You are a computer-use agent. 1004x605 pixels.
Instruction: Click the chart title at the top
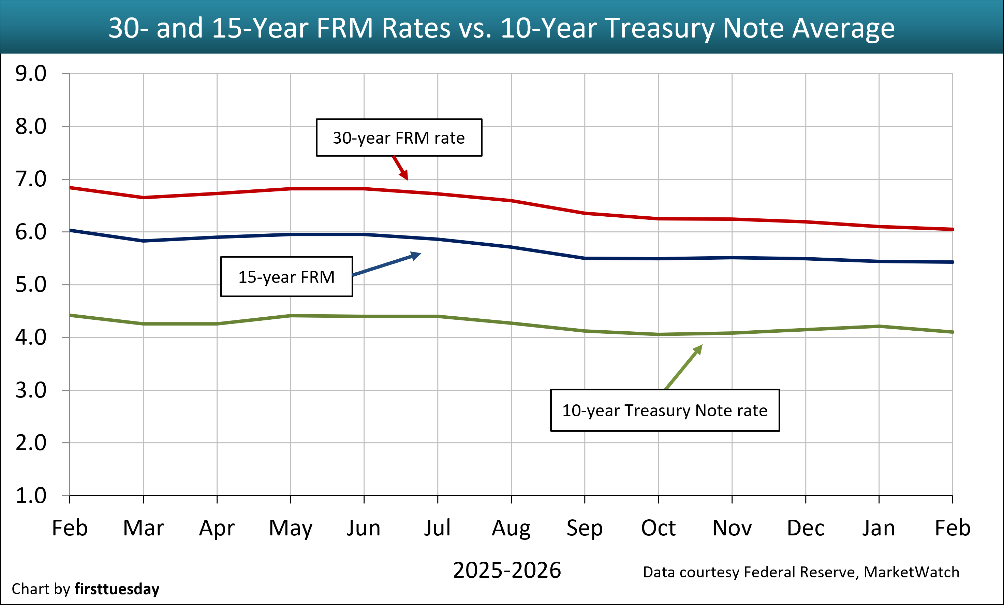coord(502,28)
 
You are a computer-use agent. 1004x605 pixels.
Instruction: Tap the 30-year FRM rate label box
coord(399,138)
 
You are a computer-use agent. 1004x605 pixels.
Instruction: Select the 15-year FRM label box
coord(286,277)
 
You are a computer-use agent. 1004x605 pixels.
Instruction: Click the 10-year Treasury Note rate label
coord(665,410)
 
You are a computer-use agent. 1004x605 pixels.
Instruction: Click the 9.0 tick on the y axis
coord(31,74)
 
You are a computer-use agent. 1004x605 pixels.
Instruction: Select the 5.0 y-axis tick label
coord(31,285)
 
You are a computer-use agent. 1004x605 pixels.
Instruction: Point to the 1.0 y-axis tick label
coord(31,496)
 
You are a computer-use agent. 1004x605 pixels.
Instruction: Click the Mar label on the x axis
coord(144,528)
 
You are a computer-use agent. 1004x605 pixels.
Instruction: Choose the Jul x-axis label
coord(437,528)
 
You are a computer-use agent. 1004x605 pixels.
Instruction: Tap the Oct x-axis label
coord(658,528)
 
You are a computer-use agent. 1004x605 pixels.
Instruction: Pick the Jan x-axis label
coord(878,528)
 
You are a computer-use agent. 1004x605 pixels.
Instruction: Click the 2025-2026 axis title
coord(507,570)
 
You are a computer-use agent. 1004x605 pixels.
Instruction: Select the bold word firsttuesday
coord(117,589)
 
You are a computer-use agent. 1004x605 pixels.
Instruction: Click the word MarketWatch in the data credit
coord(911,572)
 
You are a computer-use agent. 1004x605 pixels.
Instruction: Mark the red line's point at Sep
coord(585,213)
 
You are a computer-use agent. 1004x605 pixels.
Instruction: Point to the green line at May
coord(291,316)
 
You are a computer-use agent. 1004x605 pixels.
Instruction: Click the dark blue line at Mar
coord(144,241)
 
